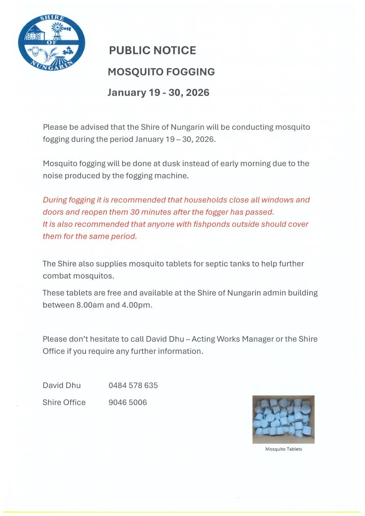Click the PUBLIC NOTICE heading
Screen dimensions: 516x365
pos(152,50)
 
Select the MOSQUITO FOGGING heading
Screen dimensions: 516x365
pos(161,72)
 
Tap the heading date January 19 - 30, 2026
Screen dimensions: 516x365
pos(158,92)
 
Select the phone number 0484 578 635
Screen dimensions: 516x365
pos(133,385)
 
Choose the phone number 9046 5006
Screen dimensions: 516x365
pos(127,402)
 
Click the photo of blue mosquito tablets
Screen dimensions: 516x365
pos(283,419)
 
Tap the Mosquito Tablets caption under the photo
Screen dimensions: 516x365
pos(283,449)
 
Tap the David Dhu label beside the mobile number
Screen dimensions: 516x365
pos(62,385)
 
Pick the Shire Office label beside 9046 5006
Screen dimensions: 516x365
pos(64,402)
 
